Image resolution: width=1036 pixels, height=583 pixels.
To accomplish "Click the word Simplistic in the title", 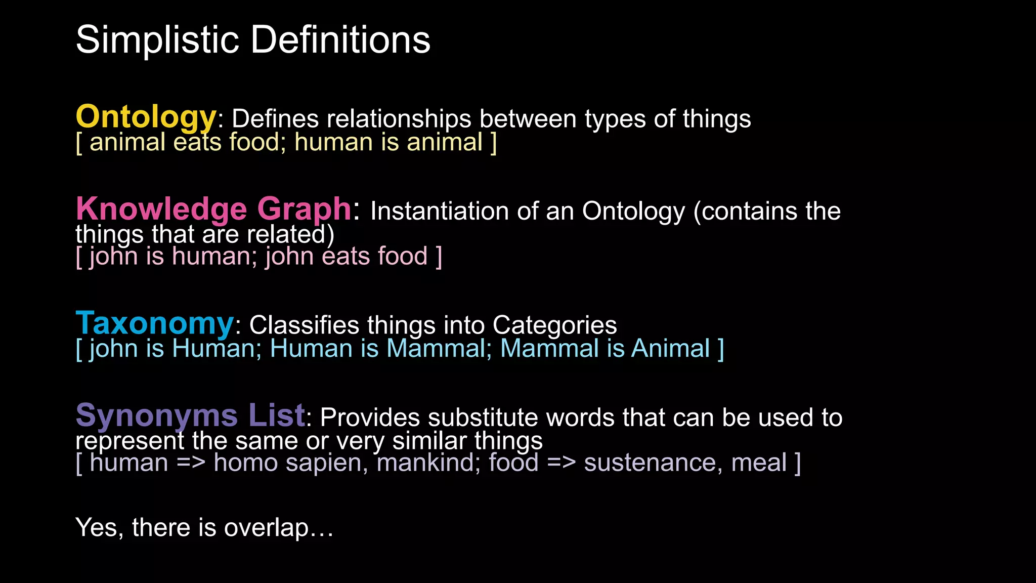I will [157, 40].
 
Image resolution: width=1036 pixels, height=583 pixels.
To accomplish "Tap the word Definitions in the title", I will [340, 40].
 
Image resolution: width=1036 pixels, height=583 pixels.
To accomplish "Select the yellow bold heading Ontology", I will [146, 117].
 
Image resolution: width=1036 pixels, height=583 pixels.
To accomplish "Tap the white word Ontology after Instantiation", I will [633, 212].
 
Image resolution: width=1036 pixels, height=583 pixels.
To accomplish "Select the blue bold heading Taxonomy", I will [155, 324].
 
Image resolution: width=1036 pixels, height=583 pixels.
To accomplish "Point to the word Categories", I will [554, 325].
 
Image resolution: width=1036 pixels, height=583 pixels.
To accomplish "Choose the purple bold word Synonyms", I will [157, 416].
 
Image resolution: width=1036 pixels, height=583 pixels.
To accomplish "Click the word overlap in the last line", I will [266, 528].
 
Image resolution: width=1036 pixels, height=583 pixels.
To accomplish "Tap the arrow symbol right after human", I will [191, 463].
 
